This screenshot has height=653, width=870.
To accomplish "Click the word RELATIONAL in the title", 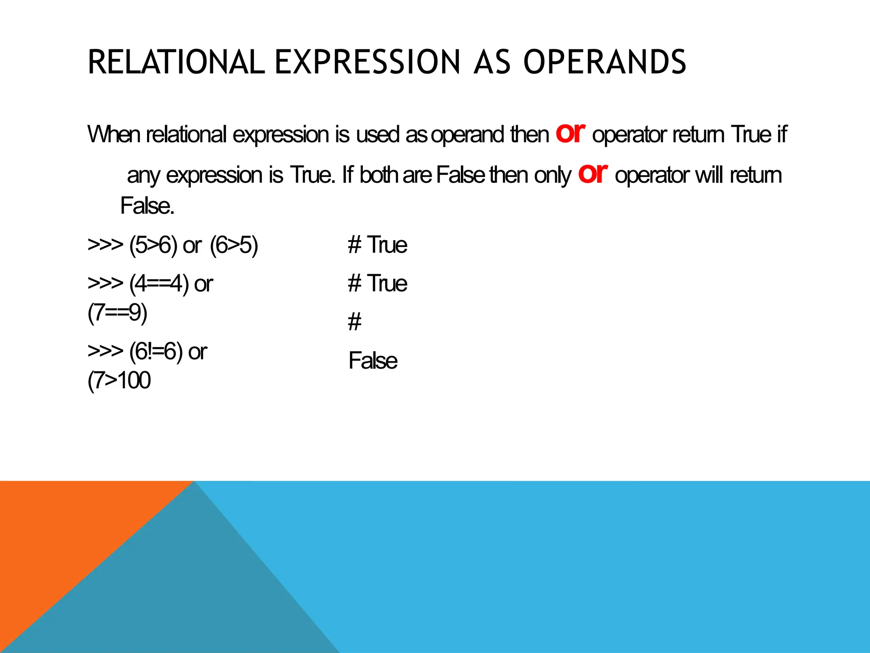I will pyautogui.click(x=176, y=62).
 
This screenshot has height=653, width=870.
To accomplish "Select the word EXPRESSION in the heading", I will pyautogui.click(x=367, y=62).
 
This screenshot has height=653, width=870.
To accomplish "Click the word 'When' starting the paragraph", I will pyautogui.click(x=113, y=134).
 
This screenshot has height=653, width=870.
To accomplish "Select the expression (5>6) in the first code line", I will pyautogui.click(x=153, y=245).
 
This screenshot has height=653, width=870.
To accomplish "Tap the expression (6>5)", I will pyautogui.click(x=234, y=245).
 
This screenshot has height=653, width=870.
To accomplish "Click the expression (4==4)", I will pyautogui.click(x=159, y=284).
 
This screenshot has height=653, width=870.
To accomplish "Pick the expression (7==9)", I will pyautogui.click(x=117, y=313).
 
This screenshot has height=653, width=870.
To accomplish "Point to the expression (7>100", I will pyautogui.click(x=119, y=380).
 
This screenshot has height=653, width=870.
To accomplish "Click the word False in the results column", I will pyautogui.click(x=373, y=361).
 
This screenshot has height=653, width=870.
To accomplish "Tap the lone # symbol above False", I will pyautogui.click(x=354, y=322).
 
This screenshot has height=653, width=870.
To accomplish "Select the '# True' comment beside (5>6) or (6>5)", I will pyautogui.click(x=377, y=245).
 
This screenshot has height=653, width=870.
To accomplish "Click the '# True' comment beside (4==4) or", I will pyautogui.click(x=377, y=283).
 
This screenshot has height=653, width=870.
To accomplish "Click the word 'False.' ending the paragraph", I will pyautogui.click(x=147, y=206).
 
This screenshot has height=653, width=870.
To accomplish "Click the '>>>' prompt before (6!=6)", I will pyautogui.click(x=105, y=351).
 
